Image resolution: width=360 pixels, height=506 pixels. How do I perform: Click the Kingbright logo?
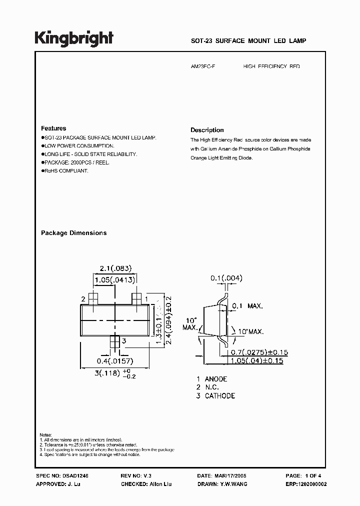tap(74, 38)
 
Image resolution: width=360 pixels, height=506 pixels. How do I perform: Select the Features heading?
tap(53, 128)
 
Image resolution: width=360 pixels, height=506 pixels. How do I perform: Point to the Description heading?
tap(207, 130)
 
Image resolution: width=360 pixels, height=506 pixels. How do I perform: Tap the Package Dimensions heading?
tap(73, 233)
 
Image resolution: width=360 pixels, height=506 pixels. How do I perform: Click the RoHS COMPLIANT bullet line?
tap(65, 171)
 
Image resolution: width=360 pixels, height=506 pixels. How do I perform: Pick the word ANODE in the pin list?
tap(216, 379)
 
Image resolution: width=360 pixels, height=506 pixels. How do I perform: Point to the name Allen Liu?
tap(160, 484)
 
